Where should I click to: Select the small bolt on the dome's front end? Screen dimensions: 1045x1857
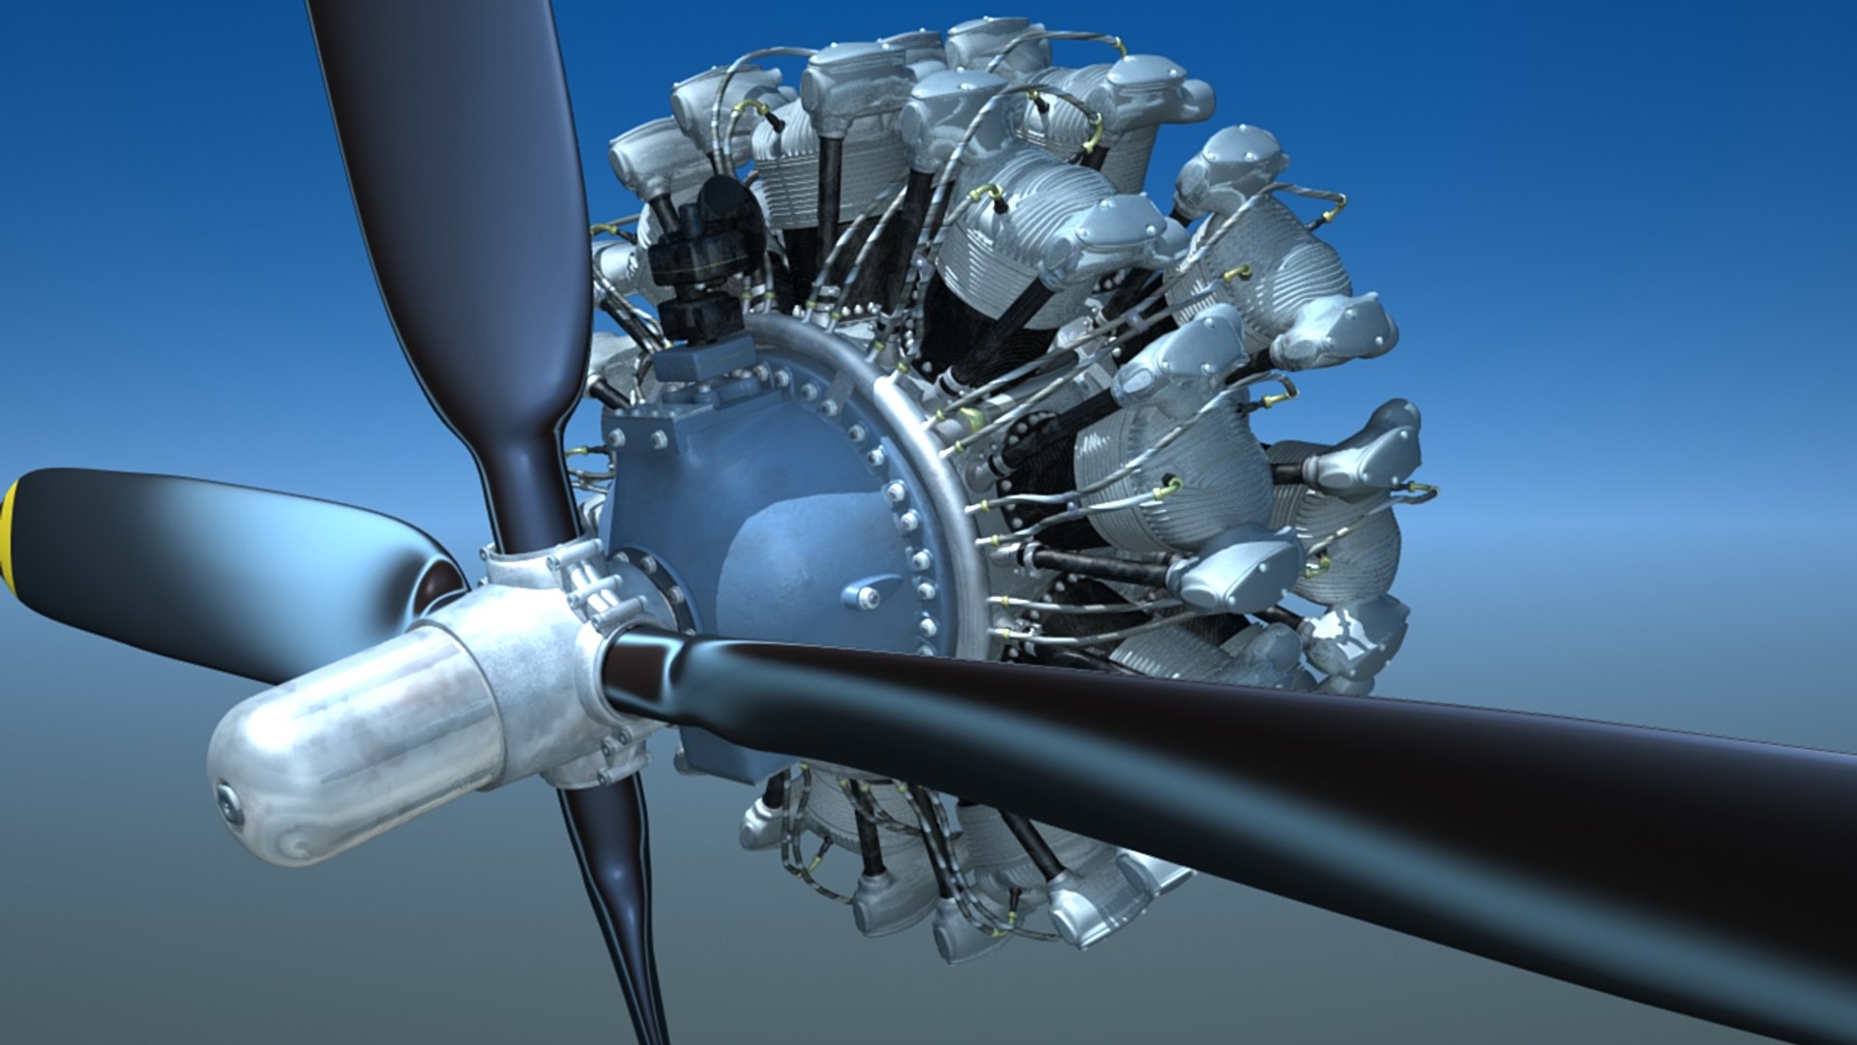[x=229, y=803]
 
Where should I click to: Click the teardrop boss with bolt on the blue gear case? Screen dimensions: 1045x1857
[x=866, y=592]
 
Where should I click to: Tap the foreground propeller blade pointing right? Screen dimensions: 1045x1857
[x=1257, y=774]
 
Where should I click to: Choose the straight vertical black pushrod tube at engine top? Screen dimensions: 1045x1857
[x=829, y=184]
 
